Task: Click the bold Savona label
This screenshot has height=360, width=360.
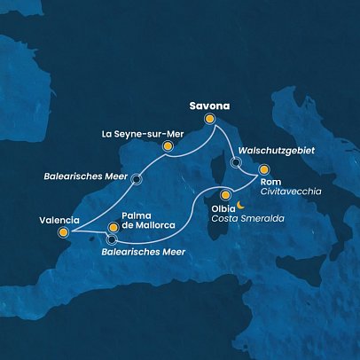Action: point(209,102)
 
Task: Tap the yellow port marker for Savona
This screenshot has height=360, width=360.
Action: point(210,118)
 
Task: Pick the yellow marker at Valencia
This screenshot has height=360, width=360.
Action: point(63,234)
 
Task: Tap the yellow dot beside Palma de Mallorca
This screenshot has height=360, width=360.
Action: point(112,225)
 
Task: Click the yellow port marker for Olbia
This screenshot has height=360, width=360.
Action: point(226,195)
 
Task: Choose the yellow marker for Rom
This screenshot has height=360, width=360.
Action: point(263,168)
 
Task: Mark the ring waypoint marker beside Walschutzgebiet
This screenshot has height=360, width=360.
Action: point(235,162)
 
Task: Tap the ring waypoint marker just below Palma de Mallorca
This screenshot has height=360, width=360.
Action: point(112,239)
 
